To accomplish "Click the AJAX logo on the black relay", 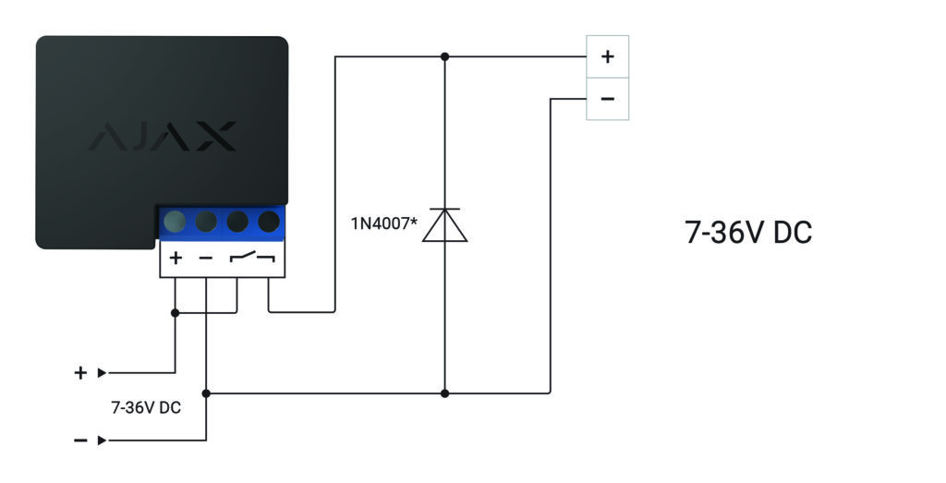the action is point(163,137).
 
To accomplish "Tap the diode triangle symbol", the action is point(444,225).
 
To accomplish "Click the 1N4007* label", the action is point(383,224).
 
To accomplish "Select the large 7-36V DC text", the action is point(748,232).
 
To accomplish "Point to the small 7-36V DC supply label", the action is point(146,407).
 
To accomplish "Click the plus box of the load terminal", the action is point(608,56).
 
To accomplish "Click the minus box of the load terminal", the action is point(608,99).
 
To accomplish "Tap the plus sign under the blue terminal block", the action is point(176,258).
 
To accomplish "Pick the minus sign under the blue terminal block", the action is point(206,258).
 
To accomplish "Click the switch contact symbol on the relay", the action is point(252,258).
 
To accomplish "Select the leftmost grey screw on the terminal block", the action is point(175,222).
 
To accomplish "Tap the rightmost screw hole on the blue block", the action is point(269,222).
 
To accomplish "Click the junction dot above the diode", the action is point(444,56).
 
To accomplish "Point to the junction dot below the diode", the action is point(444,393).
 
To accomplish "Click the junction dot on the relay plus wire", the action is point(175,313).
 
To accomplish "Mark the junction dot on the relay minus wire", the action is point(206,393).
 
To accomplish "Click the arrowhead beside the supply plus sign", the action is point(102,373).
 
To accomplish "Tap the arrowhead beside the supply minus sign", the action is point(102,441).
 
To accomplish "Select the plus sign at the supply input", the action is point(80,373).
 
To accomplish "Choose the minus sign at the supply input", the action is point(80,441).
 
